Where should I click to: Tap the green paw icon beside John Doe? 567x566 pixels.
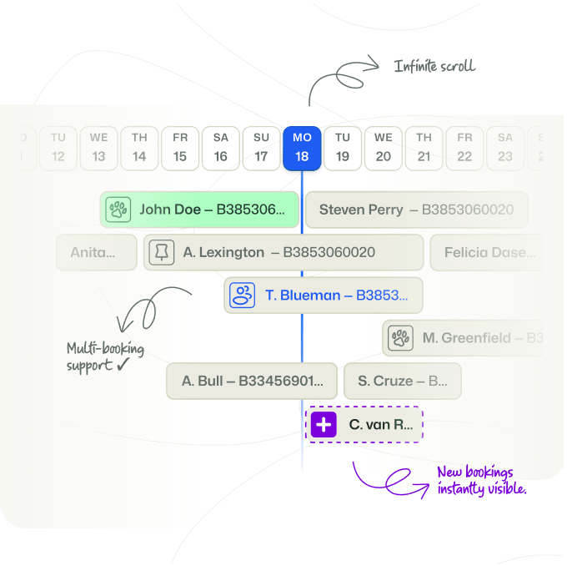tap(118, 210)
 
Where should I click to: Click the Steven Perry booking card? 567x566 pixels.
tap(415, 210)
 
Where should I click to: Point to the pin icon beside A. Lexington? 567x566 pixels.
tap(162, 252)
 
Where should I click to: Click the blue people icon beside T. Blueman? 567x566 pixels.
tap(243, 295)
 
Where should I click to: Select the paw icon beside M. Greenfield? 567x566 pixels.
tap(401, 338)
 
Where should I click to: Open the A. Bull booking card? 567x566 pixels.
tap(252, 381)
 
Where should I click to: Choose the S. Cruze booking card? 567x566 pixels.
tap(402, 381)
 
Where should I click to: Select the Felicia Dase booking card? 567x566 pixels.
tap(485, 252)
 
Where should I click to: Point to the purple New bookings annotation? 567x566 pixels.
tap(481, 481)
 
